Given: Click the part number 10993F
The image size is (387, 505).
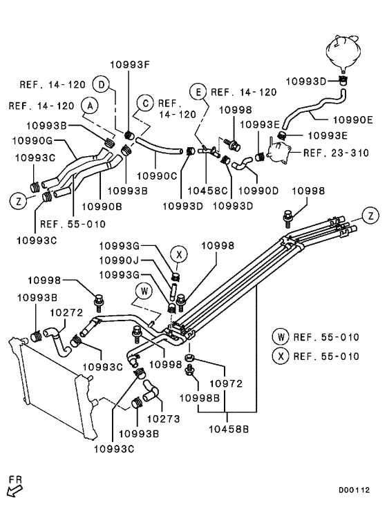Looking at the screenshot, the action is point(130,65).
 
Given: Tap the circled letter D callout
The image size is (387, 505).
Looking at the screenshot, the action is point(102,85).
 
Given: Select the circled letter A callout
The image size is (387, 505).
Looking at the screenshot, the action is point(91,106).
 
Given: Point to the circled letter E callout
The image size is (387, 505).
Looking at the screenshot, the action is point(198,92).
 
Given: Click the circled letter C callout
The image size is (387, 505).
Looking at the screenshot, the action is point(145,104).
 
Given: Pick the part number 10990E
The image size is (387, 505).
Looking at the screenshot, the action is point(352,120).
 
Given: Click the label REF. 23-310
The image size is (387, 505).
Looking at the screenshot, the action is point(336,153).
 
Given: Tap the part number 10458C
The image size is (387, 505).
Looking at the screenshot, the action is point(207,191).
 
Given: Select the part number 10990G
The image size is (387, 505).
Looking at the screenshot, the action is point(32,141).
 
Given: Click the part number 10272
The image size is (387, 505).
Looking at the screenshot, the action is point(67,312).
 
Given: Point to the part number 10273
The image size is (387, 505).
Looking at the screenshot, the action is point(163,419).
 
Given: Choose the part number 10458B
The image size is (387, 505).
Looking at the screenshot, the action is point(229,429).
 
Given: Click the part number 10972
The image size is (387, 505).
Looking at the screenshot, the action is point(226,383).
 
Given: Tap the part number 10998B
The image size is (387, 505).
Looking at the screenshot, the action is point(200,398).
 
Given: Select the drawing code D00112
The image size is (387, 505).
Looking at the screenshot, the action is point(354,490).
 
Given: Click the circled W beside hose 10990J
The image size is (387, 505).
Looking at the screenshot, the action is point(144,291).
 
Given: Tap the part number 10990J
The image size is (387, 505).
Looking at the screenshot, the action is point(120,260).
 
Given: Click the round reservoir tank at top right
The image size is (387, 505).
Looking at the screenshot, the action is point(343,53).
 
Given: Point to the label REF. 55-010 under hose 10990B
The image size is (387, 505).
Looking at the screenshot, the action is point(73,224).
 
